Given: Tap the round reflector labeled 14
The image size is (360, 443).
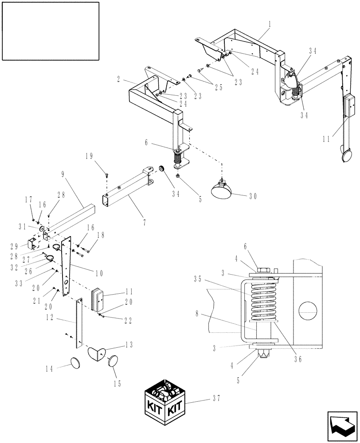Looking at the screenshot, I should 77,364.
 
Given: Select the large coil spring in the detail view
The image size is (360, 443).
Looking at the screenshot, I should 264,301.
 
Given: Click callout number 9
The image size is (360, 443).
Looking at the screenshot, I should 63,175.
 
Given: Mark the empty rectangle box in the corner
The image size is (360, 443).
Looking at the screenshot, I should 50,31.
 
